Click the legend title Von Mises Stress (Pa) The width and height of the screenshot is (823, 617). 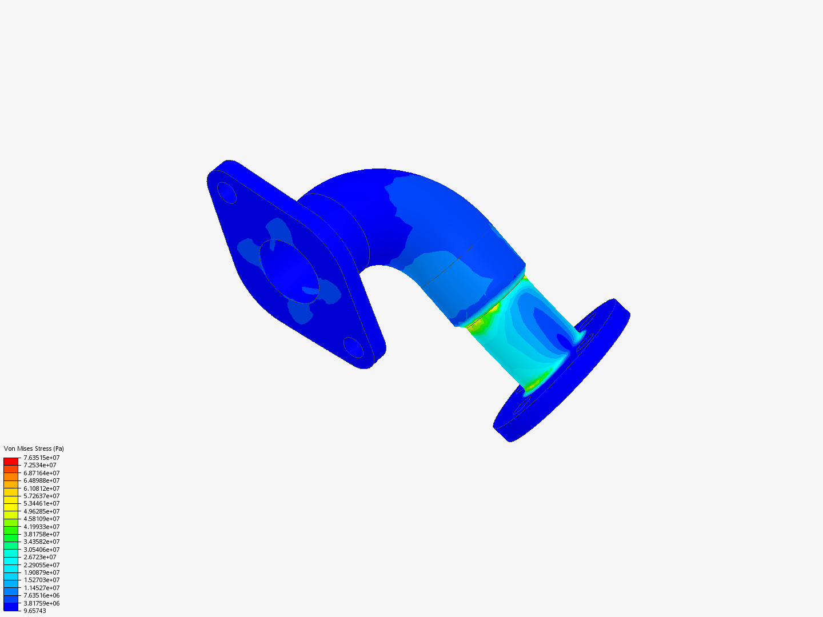tap(34, 448)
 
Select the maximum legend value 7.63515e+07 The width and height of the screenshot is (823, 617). tap(41, 458)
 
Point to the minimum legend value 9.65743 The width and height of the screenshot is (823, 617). tap(34, 611)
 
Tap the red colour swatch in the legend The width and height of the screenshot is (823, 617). tap(11, 461)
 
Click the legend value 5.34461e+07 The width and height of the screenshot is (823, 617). tap(41, 503)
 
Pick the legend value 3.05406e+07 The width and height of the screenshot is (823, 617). tap(41, 550)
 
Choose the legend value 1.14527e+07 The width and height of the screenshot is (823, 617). tap(41, 588)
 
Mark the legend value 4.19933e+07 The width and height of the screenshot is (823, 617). tap(41, 527)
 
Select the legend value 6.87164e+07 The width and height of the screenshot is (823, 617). tap(41, 473)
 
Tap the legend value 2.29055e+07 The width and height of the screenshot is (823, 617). tap(41, 565)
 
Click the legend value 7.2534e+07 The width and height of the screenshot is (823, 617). tap(39, 465)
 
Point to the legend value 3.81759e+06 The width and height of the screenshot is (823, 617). tap(41, 603)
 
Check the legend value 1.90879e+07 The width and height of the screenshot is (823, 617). tap(41, 572)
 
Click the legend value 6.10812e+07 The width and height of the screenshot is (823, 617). tap(41, 488)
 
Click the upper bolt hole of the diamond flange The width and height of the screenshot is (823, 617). tap(227, 193)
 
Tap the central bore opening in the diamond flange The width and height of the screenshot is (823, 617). tap(289, 271)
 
